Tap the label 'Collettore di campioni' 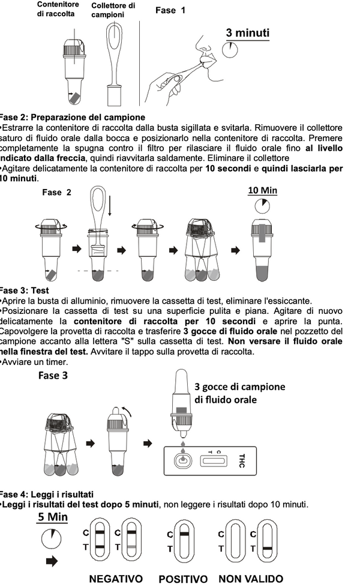(x=113, y=10)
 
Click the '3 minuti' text (x=247, y=32)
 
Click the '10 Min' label (x=263, y=190)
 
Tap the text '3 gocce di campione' (x=239, y=387)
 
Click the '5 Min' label (x=53, y=517)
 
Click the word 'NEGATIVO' (x=116, y=579)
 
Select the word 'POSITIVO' (x=183, y=579)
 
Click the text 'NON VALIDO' (x=251, y=579)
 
